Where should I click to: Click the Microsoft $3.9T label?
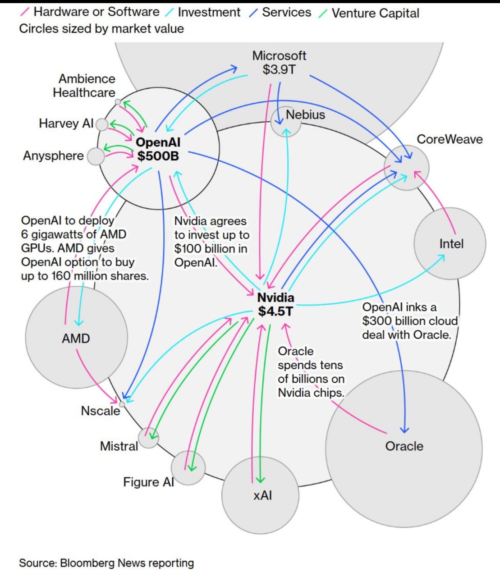[279, 63]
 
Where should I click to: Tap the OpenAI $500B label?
[158, 149]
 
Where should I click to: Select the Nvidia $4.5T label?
[275, 304]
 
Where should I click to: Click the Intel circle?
[450, 244]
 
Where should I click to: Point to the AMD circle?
[76, 338]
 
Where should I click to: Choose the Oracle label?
[404, 446]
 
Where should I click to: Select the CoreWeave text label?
[450, 139]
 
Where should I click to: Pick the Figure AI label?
[148, 482]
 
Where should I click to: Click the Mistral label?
[119, 446]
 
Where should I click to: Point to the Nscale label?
[101, 411]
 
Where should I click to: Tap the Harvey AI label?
[66, 124]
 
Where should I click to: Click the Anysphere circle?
[96, 156]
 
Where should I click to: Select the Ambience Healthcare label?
[84, 86]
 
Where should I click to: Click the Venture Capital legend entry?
[375, 13]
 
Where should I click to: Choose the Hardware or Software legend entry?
[96, 12]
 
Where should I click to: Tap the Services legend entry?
[286, 13]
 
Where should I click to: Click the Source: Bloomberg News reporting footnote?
[106, 563]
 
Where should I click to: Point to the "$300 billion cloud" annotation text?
[410, 321]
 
